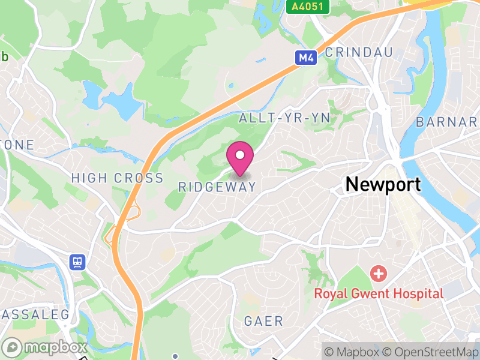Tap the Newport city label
(x=383, y=185)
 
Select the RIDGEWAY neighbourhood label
(x=217, y=187)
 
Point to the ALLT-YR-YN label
(x=284, y=118)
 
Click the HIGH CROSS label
(x=117, y=178)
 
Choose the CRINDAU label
(x=359, y=52)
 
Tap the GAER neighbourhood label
(x=263, y=321)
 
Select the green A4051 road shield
(x=304, y=7)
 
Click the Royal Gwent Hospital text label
(x=379, y=293)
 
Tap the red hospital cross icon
(x=379, y=275)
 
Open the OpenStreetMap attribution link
(x=431, y=351)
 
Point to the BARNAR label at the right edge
(x=447, y=122)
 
